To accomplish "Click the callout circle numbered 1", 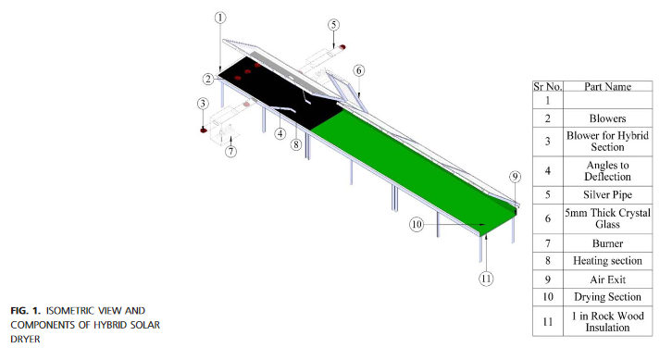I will (219, 18).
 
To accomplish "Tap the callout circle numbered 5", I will (333, 24).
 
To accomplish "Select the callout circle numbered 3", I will (203, 104).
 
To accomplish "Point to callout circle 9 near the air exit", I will (516, 177).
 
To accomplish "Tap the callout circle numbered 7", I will (231, 151).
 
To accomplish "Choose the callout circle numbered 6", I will (359, 70).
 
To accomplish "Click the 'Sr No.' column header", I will (549, 86).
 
